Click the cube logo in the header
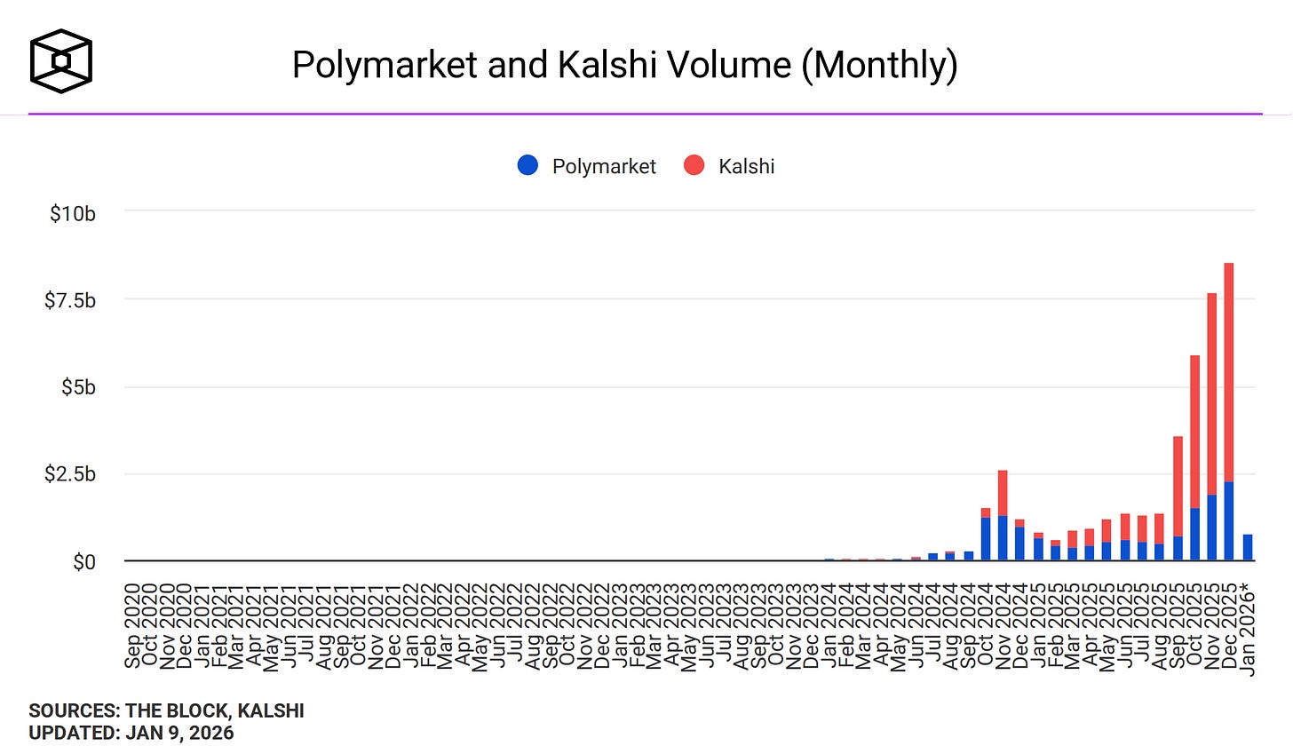tap(60, 61)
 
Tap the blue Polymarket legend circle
tap(528, 165)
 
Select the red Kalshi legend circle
tap(694, 165)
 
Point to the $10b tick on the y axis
tap(73, 214)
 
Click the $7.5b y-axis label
tap(70, 301)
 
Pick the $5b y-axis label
tap(78, 388)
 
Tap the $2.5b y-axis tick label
tap(70, 474)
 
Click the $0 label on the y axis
tap(84, 562)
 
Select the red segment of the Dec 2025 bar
tap(1229, 373)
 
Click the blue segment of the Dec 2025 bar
tap(1229, 522)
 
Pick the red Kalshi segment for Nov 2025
tap(1211, 395)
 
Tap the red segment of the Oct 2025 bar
tap(1194, 433)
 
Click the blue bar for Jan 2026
tap(1247, 548)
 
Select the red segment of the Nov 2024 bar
tap(1003, 493)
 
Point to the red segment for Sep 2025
tap(1178, 487)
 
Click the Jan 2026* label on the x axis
tap(1249, 628)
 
